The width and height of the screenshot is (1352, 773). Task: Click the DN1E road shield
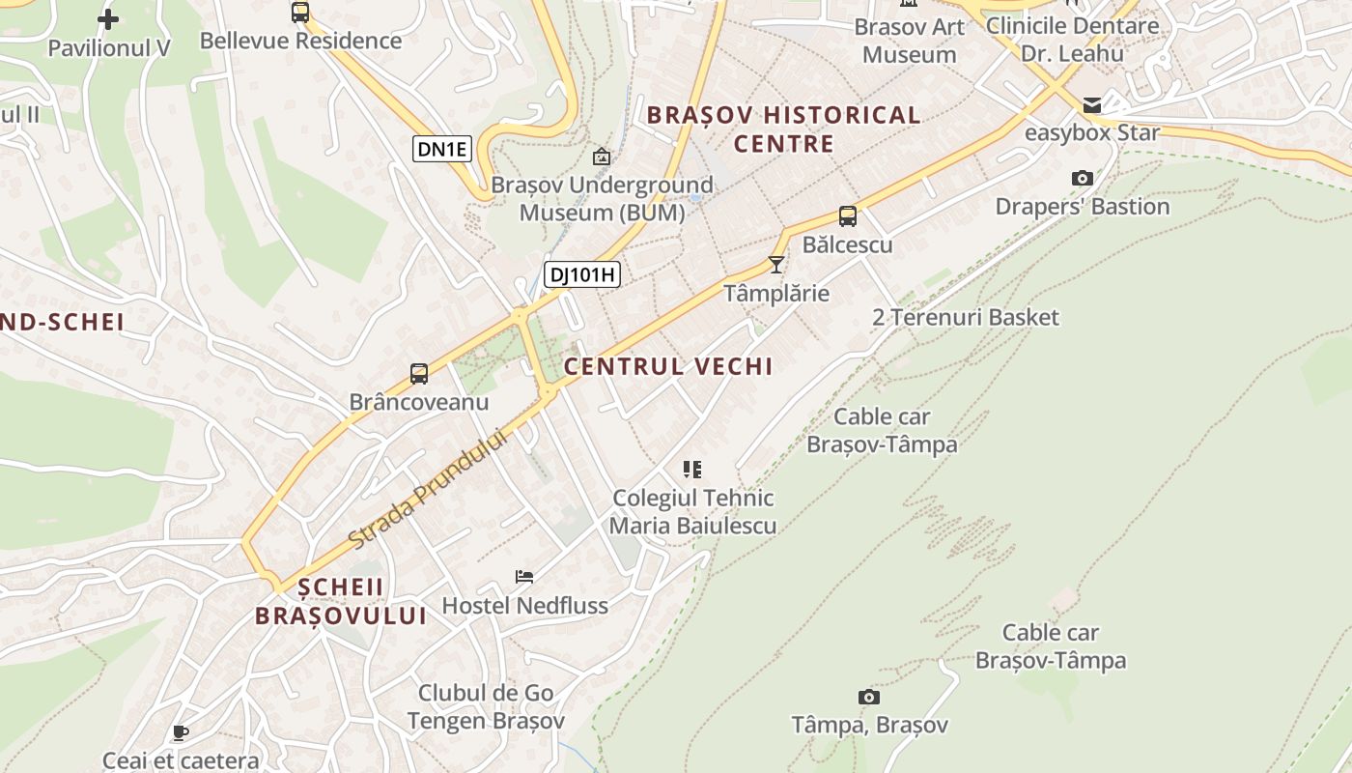pyautogui.click(x=443, y=149)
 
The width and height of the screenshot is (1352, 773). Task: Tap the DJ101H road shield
pyautogui.click(x=581, y=274)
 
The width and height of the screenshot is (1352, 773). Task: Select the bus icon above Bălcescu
pyautogui.click(x=847, y=216)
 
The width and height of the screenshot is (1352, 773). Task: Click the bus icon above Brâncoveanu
pyautogui.click(x=418, y=374)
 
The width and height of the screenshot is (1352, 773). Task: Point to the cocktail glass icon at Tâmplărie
pyautogui.click(x=776, y=264)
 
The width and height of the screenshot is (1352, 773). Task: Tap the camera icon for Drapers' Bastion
pyautogui.click(x=1082, y=178)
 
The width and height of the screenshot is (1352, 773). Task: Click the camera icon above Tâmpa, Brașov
pyautogui.click(x=868, y=697)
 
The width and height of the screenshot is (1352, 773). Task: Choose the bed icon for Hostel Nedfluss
pyautogui.click(x=524, y=577)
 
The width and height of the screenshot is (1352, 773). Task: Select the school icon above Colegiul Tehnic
pyautogui.click(x=691, y=470)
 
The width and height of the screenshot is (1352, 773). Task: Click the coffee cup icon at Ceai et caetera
pyautogui.click(x=180, y=732)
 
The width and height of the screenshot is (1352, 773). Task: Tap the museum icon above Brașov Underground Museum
pyautogui.click(x=602, y=156)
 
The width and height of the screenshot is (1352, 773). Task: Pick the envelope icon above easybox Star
pyautogui.click(x=1091, y=104)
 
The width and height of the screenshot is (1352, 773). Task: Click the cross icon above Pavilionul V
pyautogui.click(x=108, y=18)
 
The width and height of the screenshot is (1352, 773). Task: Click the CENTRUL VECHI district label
pyautogui.click(x=668, y=366)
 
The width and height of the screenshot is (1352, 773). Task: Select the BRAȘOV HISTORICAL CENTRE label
pyautogui.click(x=783, y=129)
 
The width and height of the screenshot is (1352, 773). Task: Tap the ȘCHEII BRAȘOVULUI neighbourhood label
pyautogui.click(x=341, y=601)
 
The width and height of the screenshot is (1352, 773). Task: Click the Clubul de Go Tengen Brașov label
pyautogui.click(x=486, y=707)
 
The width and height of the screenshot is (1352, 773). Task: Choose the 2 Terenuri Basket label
pyautogui.click(x=965, y=317)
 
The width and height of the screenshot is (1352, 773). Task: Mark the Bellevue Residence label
pyautogui.click(x=300, y=41)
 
